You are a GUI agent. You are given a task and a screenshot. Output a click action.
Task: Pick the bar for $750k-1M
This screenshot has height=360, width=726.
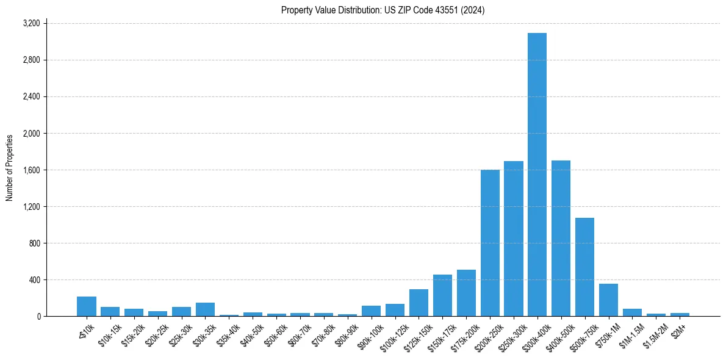pyautogui.click(x=608, y=300)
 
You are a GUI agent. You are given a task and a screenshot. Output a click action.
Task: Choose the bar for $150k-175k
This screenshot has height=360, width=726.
pyautogui.click(x=442, y=295)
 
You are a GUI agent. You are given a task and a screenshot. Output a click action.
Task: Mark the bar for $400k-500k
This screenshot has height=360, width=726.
pyautogui.click(x=561, y=238)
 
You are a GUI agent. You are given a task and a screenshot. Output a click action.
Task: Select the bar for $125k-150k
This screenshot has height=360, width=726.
pyautogui.click(x=419, y=303)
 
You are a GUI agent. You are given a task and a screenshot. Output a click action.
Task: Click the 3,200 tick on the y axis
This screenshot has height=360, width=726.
pyautogui.click(x=31, y=23)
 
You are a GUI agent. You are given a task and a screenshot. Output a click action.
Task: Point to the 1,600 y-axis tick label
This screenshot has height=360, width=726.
pyautogui.click(x=31, y=170)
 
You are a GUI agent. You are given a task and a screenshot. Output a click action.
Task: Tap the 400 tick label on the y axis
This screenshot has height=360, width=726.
pyautogui.click(x=34, y=279)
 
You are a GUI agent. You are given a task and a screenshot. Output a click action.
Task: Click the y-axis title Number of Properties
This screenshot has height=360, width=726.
pyautogui.click(x=10, y=168)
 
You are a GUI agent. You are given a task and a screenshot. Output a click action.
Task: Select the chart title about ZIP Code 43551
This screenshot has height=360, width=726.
pyautogui.click(x=383, y=10)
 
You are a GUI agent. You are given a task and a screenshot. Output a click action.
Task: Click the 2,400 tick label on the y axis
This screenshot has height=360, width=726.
pyautogui.click(x=31, y=96)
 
